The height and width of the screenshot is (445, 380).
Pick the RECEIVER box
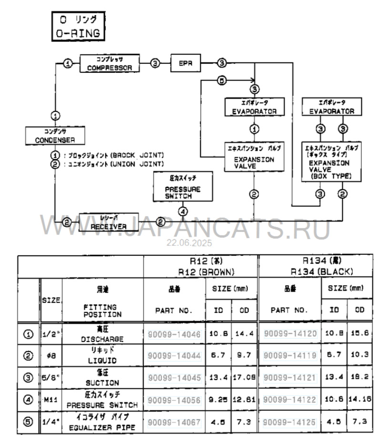pos(109,222)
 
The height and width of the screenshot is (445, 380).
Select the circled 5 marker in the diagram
pos(221,81)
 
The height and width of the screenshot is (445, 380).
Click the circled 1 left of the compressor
pos(68,63)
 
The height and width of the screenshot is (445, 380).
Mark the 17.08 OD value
pos(245,378)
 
